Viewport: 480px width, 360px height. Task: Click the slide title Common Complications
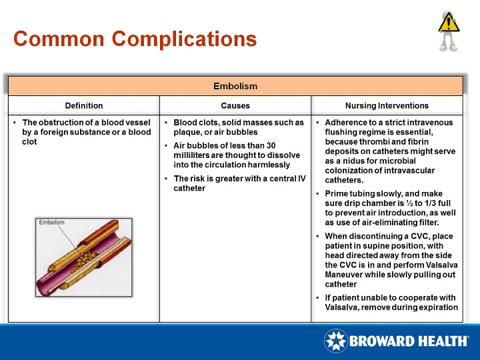coord(135,39)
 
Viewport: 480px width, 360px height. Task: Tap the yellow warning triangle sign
coord(448,23)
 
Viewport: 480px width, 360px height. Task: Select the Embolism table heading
coord(235,86)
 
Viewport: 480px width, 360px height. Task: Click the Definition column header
coord(84,105)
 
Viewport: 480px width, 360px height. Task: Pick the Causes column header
coord(235,105)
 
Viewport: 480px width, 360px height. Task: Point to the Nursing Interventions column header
coord(387,105)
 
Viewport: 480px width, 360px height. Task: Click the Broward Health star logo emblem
coord(335,341)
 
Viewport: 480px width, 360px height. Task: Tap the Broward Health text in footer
coord(409,341)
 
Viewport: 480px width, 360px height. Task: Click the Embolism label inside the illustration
coord(51,223)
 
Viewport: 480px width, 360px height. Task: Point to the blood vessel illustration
coord(83,257)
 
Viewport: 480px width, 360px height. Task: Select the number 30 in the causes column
coord(270,145)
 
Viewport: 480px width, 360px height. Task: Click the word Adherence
coord(345,123)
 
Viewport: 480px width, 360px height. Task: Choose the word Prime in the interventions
coord(336,194)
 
